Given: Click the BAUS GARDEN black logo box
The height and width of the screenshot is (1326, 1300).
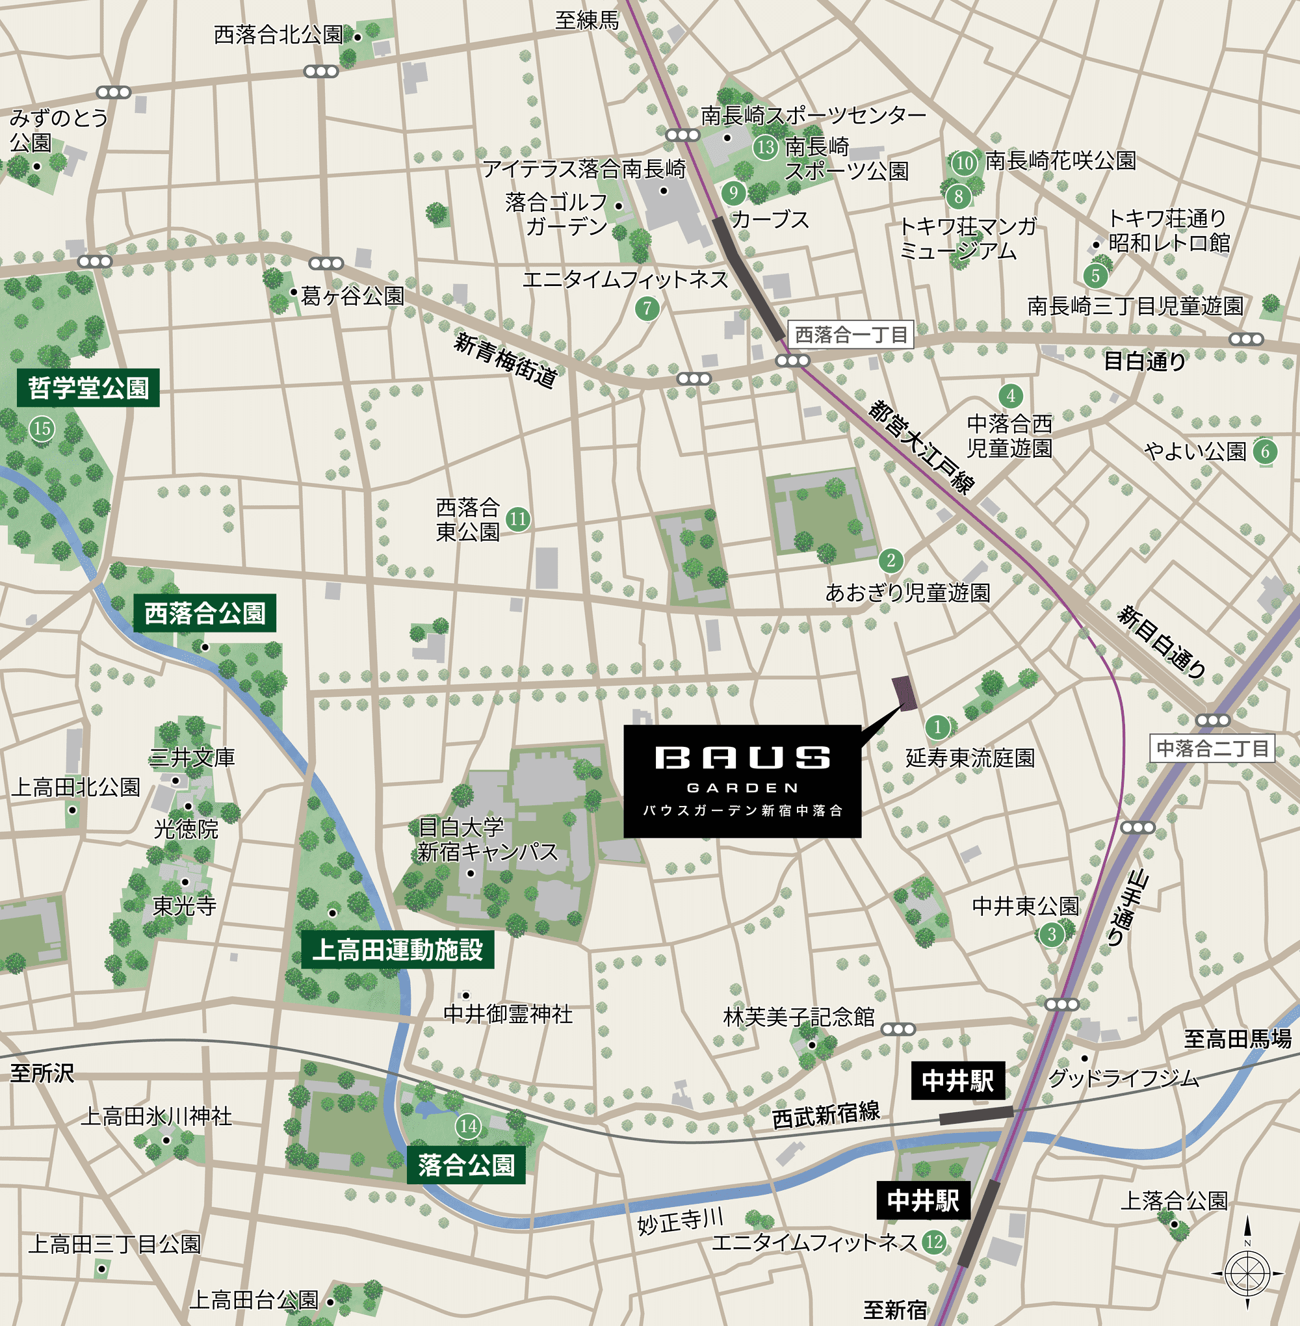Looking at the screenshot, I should [x=742, y=781].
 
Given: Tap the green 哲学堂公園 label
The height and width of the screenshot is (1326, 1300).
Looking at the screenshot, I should [x=88, y=388].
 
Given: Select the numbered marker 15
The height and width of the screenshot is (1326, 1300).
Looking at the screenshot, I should [x=42, y=429].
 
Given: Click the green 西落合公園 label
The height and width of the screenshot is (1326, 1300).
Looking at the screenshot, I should [x=204, y=613].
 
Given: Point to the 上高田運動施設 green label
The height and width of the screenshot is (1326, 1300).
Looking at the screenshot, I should [x=397, y=950].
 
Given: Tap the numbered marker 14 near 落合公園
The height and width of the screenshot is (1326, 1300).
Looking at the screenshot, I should [x=469, y=1126].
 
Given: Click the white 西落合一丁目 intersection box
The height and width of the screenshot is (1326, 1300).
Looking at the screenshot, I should [x=851, y=335].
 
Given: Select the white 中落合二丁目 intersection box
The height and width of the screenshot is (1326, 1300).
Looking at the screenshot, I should [x=1212, y=748].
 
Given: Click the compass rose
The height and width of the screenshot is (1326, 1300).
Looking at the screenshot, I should [x=1247, y=1273].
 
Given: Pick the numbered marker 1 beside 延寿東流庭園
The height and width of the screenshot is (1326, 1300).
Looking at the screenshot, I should [x=938, y=727].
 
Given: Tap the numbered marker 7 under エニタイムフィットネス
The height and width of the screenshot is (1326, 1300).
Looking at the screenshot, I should [x=647, y=309].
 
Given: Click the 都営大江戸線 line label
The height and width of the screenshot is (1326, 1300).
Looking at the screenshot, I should [x=921, y=447].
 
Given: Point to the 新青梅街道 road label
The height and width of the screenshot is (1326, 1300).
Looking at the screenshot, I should [x=505, y=360].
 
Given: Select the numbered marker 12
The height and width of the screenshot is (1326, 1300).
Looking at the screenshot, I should [x=934, y=1242].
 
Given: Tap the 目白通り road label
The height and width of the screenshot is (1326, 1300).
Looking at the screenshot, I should [x=1145, y=361].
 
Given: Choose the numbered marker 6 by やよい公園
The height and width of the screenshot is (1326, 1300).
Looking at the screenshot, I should [x=1265, y=451].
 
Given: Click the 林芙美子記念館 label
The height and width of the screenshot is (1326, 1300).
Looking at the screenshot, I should [x=799, y=1017].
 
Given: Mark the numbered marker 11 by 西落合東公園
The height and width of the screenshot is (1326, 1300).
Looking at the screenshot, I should [x=518, y=519].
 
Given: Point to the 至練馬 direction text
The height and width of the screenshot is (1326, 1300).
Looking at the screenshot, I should [x=586, y=21].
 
